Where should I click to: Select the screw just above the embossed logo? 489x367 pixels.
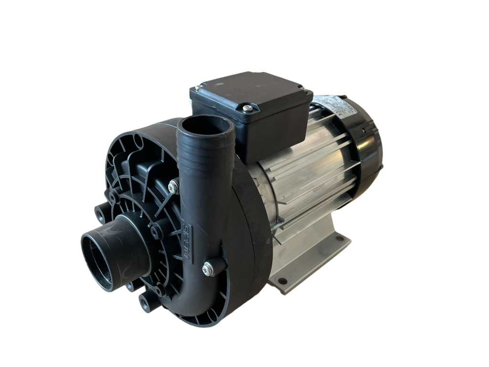pyautogui.click(x=172, y=187)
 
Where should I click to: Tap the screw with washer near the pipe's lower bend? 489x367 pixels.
pyautogui.click(x=208, y=269)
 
